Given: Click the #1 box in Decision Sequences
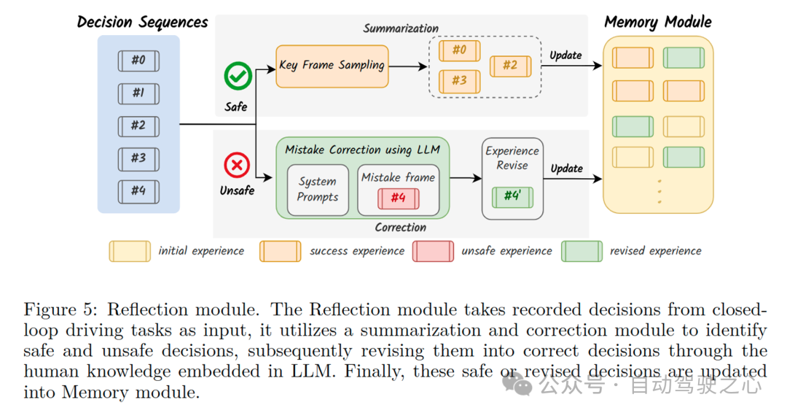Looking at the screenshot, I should click(x=138, y=93).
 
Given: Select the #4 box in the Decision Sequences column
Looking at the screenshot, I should click(x=138, y=191).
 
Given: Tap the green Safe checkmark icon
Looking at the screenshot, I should click(x=238, y=76).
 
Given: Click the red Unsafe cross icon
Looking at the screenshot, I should click(x=236, y=166).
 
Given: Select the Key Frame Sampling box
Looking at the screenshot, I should click(x=332, y=66).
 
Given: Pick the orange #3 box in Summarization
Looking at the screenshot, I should click(x=459, y=80).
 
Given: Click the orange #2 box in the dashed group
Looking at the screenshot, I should click(x=510, y=66).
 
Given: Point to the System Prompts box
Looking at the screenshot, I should click(x=318, y=189).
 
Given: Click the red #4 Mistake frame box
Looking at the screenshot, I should click(x=398, y=199).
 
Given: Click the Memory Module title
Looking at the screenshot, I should click(x=658, y=22).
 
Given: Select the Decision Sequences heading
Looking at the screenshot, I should click(x=142, y=22).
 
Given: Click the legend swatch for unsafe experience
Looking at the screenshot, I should click(x=434, y=251).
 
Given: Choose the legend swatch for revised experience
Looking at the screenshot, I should click(x=582, y=251).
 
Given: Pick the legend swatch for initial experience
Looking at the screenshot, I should click(x=130, y=251).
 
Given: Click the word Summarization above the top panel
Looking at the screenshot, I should click(x=401, y=28).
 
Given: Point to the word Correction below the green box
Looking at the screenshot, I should click(x=400, y=228).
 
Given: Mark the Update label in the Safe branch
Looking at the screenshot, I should click(x=565, y=55).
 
